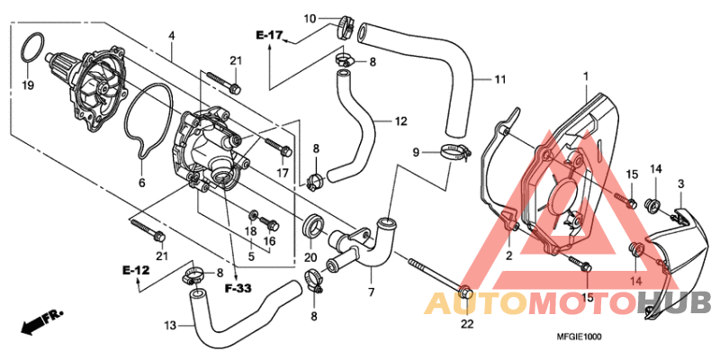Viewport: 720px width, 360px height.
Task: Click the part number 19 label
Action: [x=27, y=86]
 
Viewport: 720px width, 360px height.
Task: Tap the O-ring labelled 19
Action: [x=31, y=47]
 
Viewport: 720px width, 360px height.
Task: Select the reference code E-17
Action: [x=269, y=36]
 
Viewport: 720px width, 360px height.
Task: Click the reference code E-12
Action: [x=136, y=270]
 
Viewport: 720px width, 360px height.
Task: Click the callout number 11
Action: [x=499, y=80]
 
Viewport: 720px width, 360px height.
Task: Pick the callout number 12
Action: [x=401, y=120]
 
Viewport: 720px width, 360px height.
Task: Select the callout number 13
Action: [x=171, y=325]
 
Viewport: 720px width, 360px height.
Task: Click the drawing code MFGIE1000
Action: [x=579, y=337]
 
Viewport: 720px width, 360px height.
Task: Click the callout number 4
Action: [x=171, y=36]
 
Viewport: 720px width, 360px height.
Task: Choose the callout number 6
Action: [x=140, y=182]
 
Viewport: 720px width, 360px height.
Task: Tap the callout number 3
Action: [x=680, y=184]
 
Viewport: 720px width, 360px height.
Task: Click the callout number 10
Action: [x=310, y=18]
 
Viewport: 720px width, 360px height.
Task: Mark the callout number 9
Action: [x=416, y=153]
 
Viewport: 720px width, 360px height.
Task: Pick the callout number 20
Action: [x=311, y=257]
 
